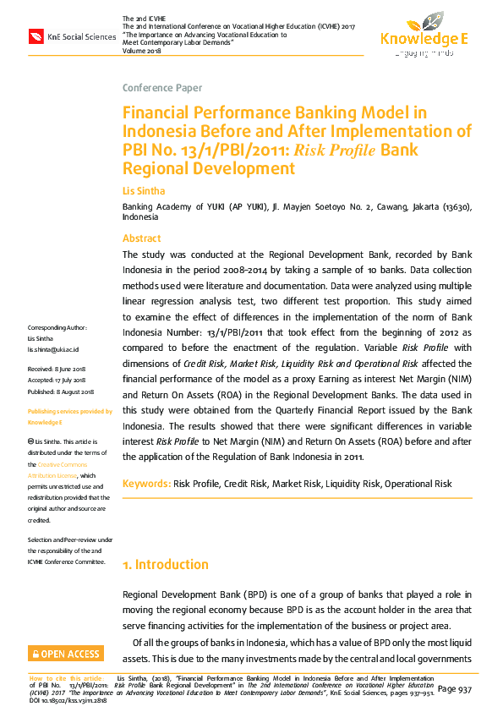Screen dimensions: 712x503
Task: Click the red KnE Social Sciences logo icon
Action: pyautogui.click(x=37, y=36)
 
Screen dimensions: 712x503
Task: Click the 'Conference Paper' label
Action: pyautogui.click(x=157, y=88)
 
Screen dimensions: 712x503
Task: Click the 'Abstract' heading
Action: pyautogui.click(x=142, y=238)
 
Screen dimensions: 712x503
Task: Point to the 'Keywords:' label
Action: pyautogui.click(x=146, y=484)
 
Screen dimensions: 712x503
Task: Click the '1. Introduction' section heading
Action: pyautogui.click(x=166, y=564)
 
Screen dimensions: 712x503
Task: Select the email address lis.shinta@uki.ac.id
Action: pyautogui.click(x=52, y=348)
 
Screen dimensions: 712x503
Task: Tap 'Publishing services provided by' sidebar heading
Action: pyautogui.click(x=69, y=411)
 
